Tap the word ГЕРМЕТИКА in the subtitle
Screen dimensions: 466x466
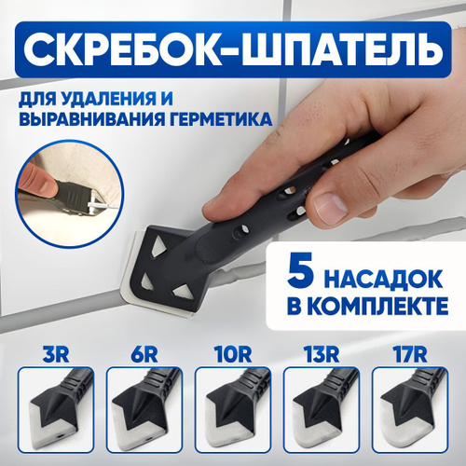click(221, 119)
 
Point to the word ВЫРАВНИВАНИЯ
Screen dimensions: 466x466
click(92, 119)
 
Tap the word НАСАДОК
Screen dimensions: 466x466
click(384, 280)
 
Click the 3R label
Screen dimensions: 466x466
click(55, 355)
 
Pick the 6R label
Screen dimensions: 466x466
click(144, 355)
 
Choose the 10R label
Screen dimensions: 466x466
click(233, 355)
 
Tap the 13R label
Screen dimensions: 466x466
click(321, 355)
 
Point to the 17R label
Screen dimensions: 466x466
click(409, 355)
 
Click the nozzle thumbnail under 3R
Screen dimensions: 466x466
click(56, 410)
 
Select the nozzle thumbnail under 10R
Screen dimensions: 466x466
click(233, 410)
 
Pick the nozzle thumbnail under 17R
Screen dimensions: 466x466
click(410, 410)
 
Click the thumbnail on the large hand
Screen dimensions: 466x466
click(330, 206)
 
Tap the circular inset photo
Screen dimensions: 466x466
click(70, 194)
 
